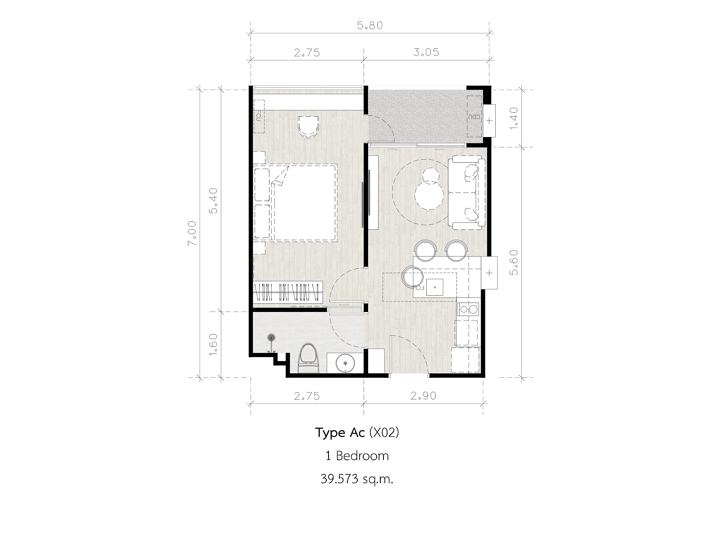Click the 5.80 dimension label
370,26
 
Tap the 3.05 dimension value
426,52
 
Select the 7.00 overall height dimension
192,233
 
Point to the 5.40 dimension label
214,201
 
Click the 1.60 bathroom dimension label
214,344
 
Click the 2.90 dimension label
423,396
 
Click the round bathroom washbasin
345,363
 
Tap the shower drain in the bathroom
271,337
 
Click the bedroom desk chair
308,127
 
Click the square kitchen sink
434,287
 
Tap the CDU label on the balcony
474,117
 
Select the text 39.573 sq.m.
357,479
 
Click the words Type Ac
340,433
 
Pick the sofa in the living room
467,193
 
